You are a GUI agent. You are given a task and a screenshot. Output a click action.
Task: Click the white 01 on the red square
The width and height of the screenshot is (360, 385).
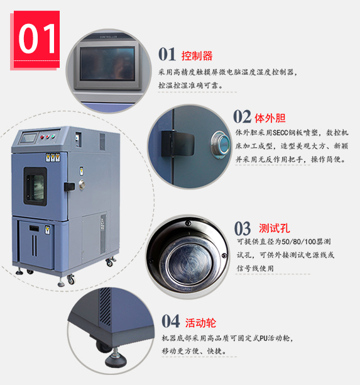click(37, 38)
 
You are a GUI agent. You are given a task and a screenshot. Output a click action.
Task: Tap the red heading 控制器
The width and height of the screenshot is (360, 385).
click(197, 56)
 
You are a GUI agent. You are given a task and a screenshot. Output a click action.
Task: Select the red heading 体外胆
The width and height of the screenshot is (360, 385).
click(270, 118)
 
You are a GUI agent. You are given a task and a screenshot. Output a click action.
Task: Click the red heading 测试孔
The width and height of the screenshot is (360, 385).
click(275, 228)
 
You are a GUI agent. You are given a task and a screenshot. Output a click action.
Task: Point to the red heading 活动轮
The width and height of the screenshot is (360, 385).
click(200, 323)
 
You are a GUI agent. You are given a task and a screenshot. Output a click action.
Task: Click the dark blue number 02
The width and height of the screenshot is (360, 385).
click(242, 116)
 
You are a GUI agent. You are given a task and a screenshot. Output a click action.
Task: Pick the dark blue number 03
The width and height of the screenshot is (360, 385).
click(243, 228)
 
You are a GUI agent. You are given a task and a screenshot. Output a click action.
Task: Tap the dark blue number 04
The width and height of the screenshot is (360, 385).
click(171, 321)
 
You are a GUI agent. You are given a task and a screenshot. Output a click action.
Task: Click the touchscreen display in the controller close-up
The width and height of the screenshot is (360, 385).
click(107, 64)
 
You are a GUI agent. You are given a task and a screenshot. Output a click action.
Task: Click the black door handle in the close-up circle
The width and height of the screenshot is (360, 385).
click(177, 143)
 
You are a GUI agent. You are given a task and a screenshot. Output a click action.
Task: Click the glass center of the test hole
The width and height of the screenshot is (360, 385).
click(189, 265)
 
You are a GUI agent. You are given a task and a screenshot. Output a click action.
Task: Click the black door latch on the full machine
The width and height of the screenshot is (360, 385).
click(69, 187)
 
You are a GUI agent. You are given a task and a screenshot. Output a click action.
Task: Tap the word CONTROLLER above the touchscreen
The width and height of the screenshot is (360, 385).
click(109, 37)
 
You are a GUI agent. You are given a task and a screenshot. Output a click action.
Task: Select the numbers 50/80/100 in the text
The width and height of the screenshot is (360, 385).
click(298, 242)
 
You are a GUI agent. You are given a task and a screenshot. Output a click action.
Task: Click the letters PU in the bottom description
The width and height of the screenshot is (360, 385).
click(264, 338)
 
